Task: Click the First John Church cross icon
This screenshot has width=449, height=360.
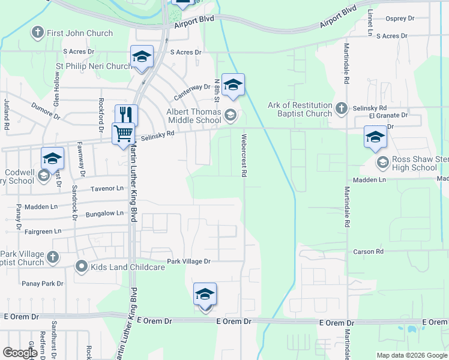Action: coord(37,32)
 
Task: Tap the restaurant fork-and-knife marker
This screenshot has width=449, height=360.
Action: coord(126,114)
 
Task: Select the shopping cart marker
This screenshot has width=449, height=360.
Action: coord(123,133)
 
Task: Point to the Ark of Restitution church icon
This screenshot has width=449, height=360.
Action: coord(342,108)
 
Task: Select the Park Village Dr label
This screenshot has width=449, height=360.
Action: coord(189,261)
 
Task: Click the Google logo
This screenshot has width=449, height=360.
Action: coord(20,353)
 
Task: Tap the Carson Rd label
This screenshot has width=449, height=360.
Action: coord(368,252)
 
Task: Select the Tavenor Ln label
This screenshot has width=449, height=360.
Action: coord(107,188)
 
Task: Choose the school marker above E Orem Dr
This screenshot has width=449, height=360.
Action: coord(205,295)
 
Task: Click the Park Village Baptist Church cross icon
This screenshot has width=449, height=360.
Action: coord(52,257)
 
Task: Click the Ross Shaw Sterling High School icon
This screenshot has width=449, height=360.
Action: coord(382,162)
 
